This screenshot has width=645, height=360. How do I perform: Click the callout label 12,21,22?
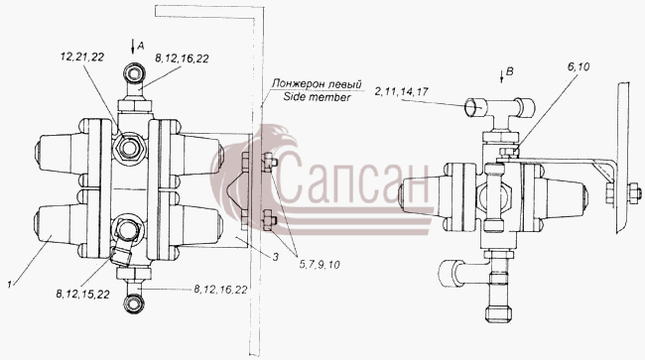[x=81, y=58]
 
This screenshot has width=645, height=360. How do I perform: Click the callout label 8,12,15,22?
[x=83, y=295]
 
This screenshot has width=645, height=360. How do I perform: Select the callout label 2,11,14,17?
[x=402, y=91]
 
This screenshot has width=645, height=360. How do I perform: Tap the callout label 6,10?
[x=579, y=66]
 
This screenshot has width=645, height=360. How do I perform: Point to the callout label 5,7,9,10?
[x=320, y=265]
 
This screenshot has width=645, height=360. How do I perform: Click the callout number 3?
[x=275, y=257]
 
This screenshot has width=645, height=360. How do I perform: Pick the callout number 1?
[x=9, y=284]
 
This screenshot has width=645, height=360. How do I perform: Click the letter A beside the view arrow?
[x=141, y=46]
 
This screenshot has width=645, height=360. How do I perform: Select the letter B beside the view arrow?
[x=510, y=71]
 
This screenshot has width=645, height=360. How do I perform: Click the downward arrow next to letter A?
[x=132, y=47]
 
